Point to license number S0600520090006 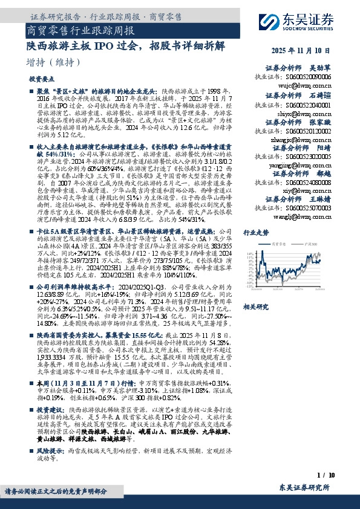click(301, 78)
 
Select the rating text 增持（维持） click(54, 62)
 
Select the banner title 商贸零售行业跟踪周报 click(81, 29)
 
